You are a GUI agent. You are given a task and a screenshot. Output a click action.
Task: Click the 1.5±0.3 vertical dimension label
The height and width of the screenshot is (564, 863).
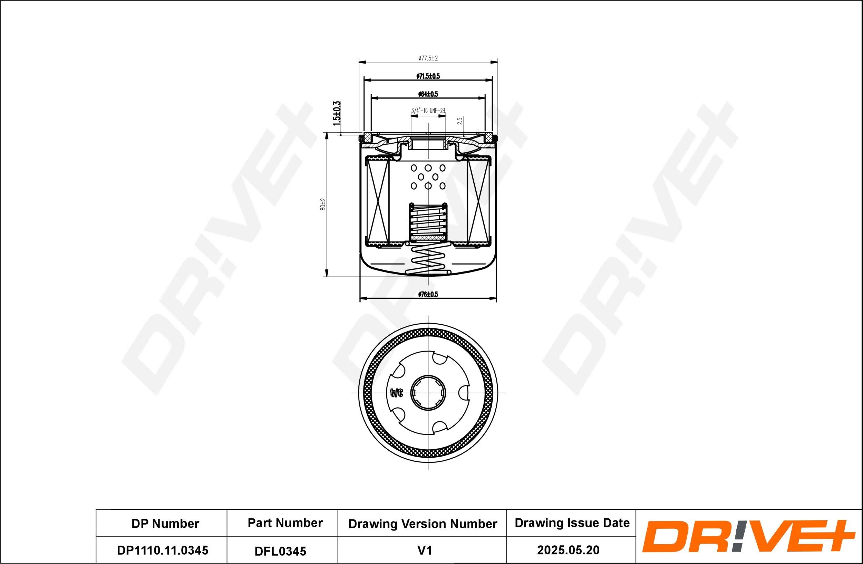tap(337, 114)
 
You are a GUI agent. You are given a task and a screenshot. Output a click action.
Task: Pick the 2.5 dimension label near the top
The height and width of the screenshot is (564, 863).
tap(460, 121)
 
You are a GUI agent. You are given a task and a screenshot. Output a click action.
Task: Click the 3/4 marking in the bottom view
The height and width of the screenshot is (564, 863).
tap(396, 393)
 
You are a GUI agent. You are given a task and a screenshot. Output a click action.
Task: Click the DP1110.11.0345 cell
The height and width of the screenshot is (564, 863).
tap(163, 550)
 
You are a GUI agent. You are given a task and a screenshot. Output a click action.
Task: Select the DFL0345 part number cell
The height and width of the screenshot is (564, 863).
tap(280, 551)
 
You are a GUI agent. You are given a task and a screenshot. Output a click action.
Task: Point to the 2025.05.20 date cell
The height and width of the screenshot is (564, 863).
tap(568, 550)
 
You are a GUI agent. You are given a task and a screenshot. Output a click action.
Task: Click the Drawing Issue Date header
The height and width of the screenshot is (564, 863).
tap(572, 523)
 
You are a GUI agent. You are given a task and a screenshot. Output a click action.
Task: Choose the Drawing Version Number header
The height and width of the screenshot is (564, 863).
tap(423, 524)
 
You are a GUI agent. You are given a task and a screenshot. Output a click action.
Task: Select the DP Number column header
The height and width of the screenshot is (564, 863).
tap(165, 523)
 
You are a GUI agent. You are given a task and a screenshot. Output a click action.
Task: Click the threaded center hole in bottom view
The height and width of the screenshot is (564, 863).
tap(428, 393)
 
